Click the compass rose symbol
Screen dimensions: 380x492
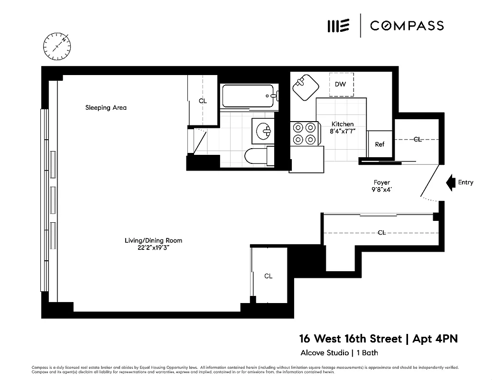[x=57, y=46]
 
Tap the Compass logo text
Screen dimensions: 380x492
[x=407, y=26]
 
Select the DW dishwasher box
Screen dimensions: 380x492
[x=341, y=85]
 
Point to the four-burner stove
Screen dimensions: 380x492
[x=304, y=133]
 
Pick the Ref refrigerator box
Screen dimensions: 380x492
[x=380, y=144]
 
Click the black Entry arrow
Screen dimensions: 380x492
[x=450, y=182]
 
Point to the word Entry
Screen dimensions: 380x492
[x=465, y=182]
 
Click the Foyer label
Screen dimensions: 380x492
[x=381, y=182]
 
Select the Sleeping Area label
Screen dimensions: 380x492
[x=106, y=108]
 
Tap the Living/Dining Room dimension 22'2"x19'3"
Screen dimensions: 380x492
[x=153, y=247]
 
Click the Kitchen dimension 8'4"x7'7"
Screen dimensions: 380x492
[x=342, y=131]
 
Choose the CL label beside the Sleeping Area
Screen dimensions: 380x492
[x=203, y=101]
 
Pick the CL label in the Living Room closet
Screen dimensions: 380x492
[x=268, y=276]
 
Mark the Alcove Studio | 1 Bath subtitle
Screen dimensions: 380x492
[x=339, y=352]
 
